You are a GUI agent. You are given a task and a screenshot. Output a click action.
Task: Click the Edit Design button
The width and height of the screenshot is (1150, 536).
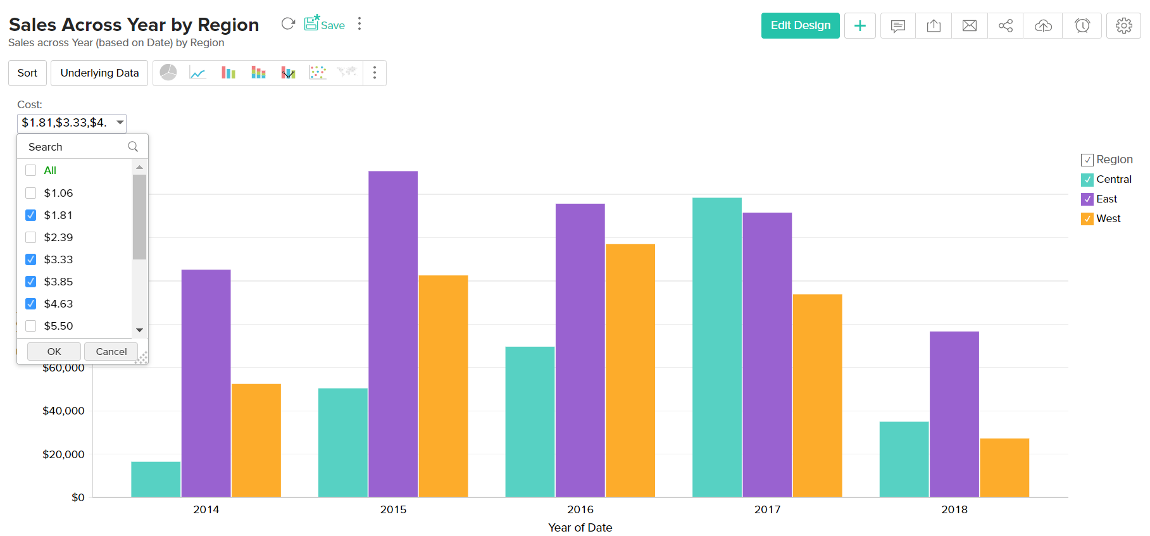coord(800,26)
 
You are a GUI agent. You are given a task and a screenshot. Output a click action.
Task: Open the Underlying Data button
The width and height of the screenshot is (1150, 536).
coord(99,73)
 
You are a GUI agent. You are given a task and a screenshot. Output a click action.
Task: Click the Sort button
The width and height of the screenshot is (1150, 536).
coord(27,73)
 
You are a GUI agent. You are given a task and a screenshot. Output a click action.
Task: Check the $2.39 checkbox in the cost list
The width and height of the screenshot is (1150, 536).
coord(31,237)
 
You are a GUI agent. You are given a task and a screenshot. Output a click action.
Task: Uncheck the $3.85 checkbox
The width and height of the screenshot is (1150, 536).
coord(31,282)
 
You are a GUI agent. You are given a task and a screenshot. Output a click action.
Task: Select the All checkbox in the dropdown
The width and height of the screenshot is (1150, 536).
coord(31,170)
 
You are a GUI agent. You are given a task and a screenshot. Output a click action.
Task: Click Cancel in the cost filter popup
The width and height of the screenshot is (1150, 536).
coord(111,351)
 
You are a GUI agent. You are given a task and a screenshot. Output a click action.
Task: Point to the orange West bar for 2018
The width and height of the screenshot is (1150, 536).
coord(1004,468)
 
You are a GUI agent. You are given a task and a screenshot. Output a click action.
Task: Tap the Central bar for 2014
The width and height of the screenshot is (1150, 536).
coord(156,479)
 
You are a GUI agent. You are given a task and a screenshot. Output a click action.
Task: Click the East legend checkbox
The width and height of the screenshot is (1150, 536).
coord(1087,199)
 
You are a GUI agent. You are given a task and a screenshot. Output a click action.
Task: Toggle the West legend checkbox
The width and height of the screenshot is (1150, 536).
coord(1087,219)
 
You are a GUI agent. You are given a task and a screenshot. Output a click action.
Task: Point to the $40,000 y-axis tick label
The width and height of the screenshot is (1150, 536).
coord(63,411)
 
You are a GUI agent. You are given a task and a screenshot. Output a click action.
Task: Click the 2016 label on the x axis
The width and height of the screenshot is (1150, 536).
coord(580,509)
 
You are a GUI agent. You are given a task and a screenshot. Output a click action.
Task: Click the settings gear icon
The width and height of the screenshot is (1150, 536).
coord(1123,26)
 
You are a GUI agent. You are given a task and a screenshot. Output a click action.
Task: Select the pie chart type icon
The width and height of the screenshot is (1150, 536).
coord(168,73)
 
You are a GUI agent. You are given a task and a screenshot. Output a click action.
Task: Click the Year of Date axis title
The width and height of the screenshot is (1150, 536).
coord(580,528)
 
